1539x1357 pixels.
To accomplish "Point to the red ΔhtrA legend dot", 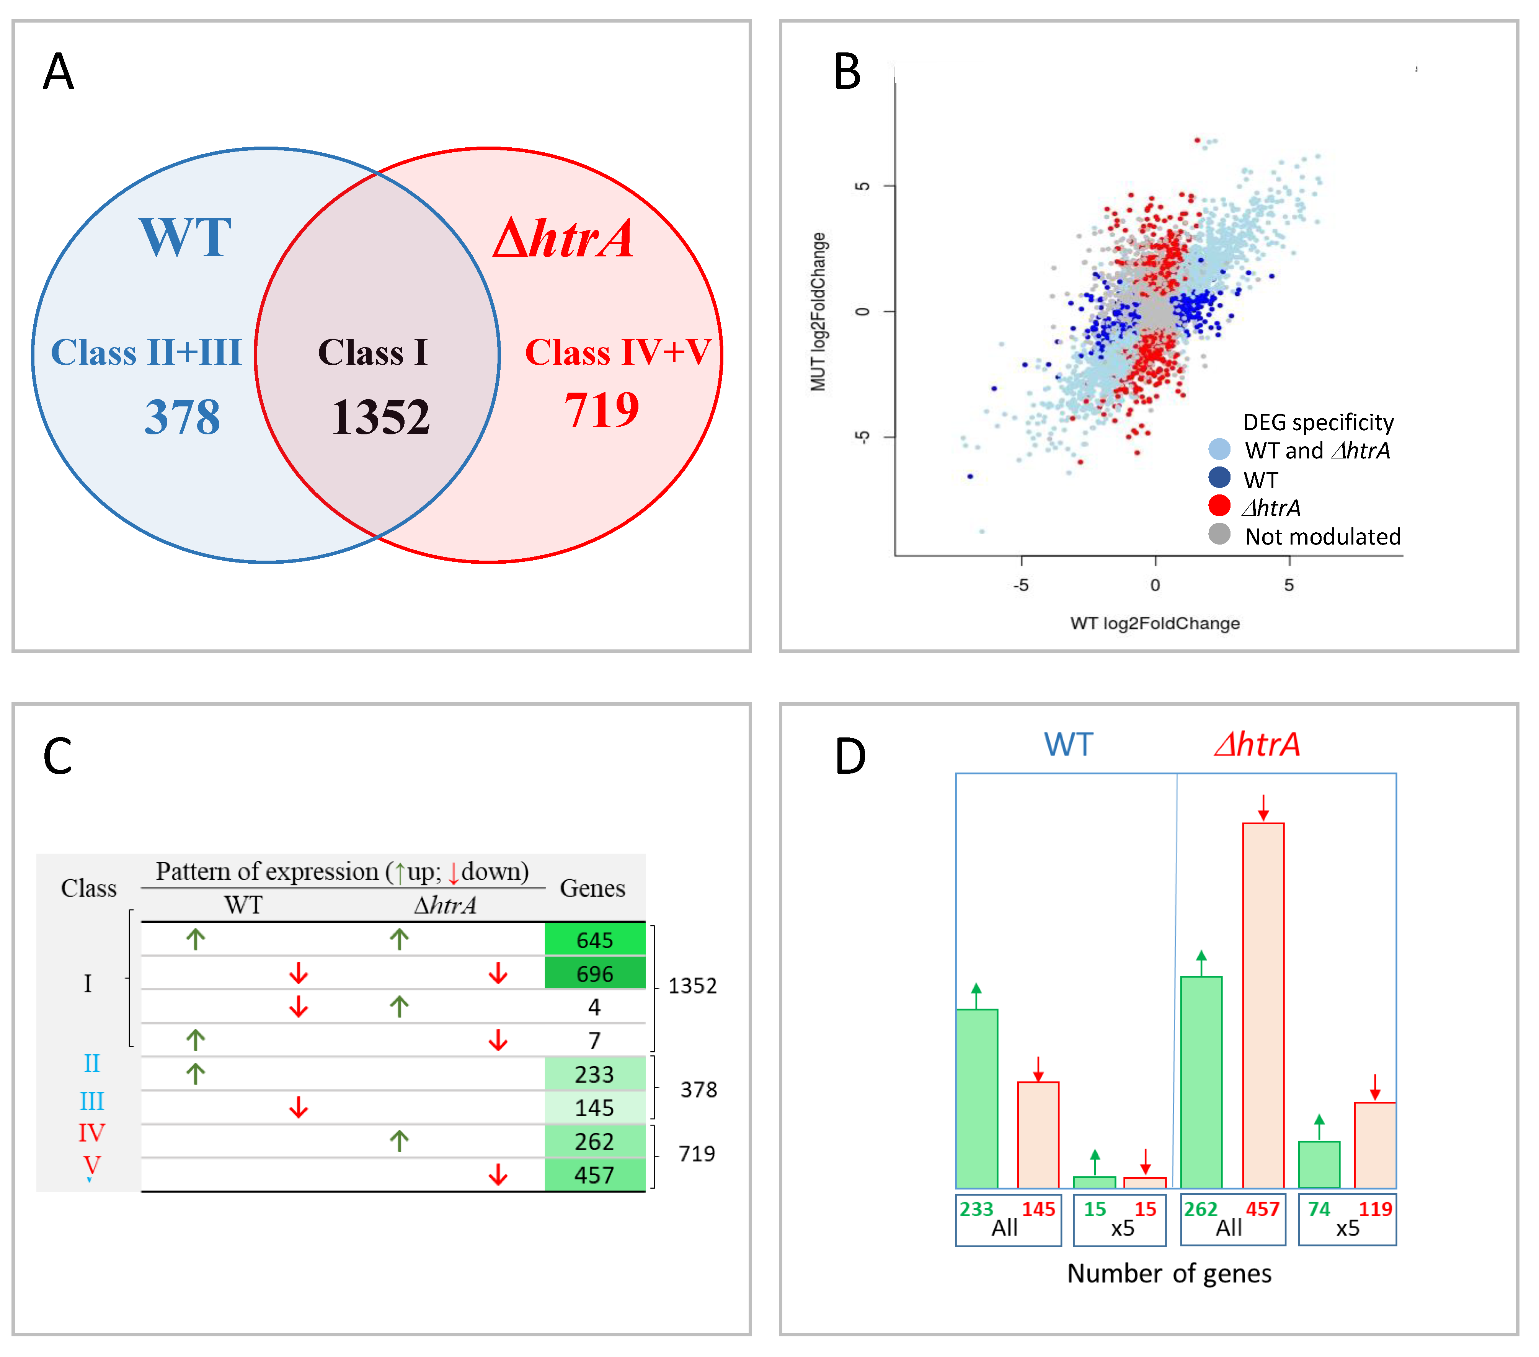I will [x=1219, y=506].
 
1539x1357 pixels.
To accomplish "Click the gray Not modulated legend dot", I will [x=1219, y=534].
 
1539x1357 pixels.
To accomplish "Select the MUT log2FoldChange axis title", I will [x=818, y=312].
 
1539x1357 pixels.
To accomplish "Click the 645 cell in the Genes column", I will [x=595, y=940].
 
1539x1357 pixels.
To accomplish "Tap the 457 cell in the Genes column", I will [x=595, y=1175].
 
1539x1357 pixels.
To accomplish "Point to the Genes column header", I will [x=592, y=888].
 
